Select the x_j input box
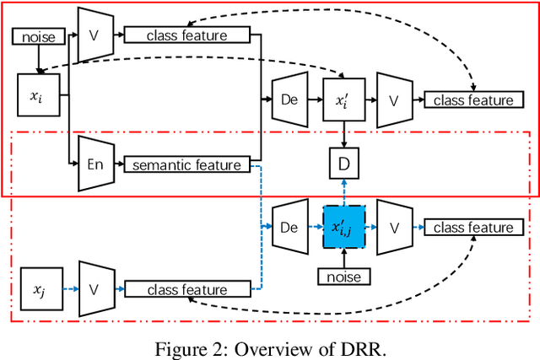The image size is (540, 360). [38, 289]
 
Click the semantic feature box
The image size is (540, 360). [187, 165]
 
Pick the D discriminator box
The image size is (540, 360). [343, 164]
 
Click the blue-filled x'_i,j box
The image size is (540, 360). [343, 227]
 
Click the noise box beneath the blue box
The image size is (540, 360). [343, 277]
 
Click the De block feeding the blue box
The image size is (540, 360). [288, 227]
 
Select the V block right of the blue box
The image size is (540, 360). [392, 227]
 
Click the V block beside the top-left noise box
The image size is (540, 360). [94, 35]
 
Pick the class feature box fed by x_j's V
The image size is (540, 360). [187, 289]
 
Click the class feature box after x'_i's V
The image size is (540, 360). [472, 100]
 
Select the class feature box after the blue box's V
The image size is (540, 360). [472, 227]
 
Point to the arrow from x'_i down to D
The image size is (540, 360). [343, 135]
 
